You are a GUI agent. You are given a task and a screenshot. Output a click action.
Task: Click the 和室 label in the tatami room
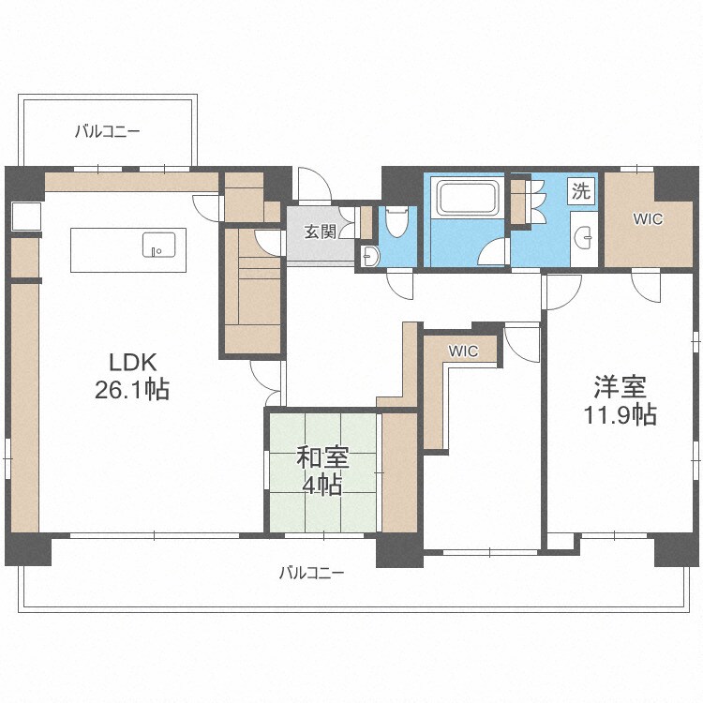pos(322,457)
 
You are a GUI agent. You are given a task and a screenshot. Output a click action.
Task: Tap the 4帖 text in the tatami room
pos(322,485)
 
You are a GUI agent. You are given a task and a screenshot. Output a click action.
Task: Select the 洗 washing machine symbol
pos(581,193)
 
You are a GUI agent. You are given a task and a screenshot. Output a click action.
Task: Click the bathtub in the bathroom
pos(469,199)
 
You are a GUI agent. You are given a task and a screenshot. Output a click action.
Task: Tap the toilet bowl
pos(395,222)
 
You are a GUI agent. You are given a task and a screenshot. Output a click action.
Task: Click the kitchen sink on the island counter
pos(157,246)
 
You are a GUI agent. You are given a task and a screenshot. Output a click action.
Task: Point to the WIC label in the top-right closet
pos(647,220)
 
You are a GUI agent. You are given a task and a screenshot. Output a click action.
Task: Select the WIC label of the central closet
pos(463,351)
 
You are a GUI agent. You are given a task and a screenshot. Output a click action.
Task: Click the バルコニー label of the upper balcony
pos(108,132)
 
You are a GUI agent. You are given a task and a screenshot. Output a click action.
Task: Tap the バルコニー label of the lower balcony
pos(311,573)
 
